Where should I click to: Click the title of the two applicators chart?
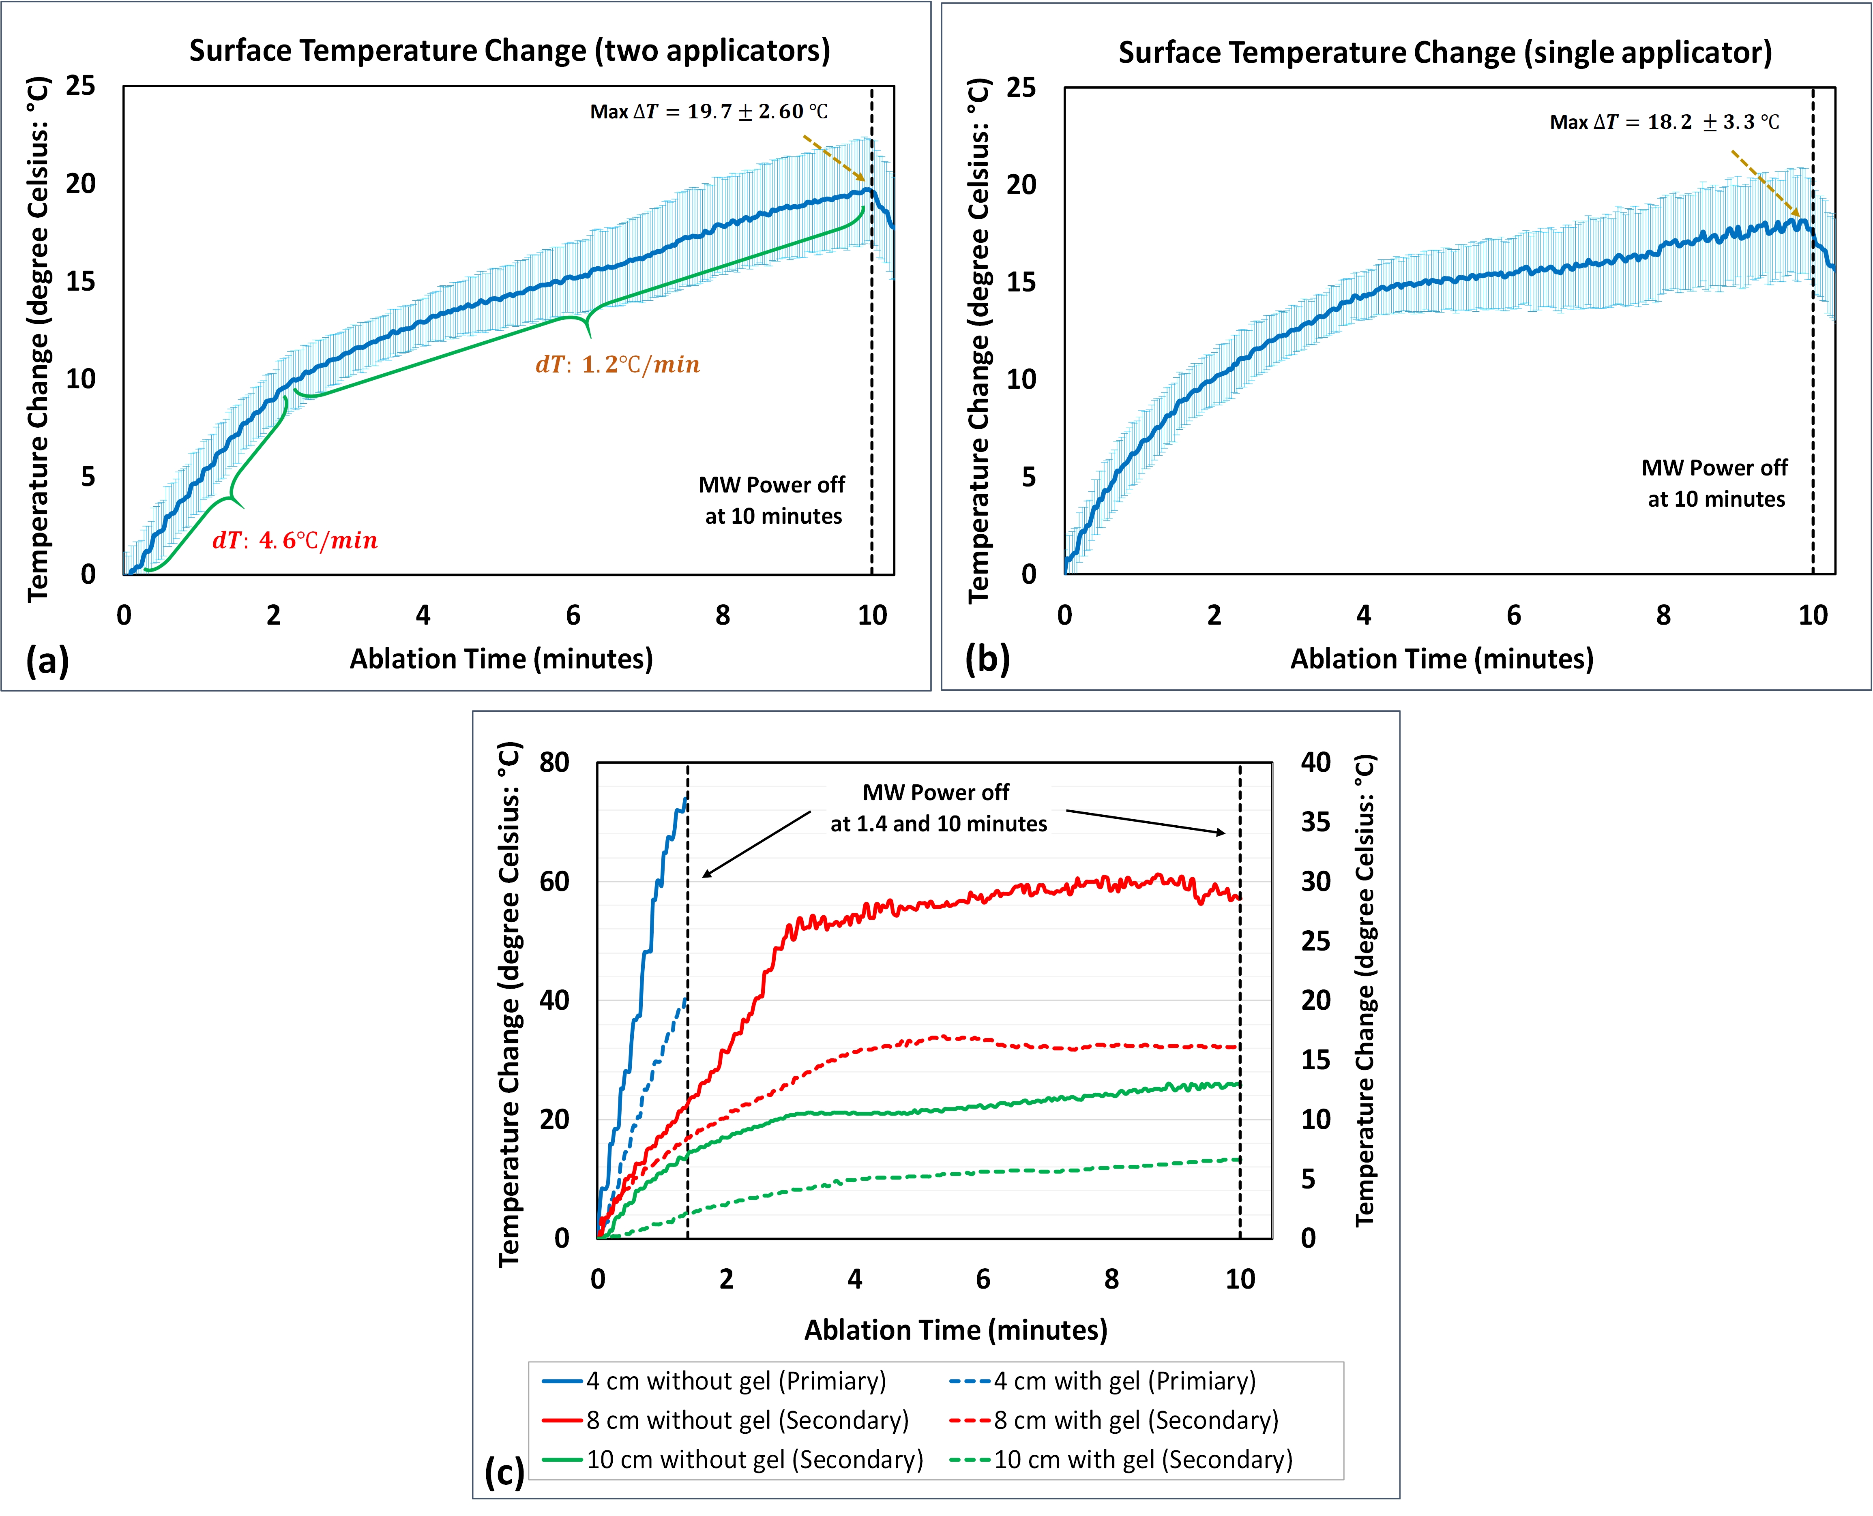pos(509,51)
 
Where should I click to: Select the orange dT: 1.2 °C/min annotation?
pos(618,364)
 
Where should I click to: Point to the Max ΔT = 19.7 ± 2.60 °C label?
pos(708,112)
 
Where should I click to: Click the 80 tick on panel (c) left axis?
pos(554,762)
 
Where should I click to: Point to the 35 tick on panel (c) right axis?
pos(1316,822)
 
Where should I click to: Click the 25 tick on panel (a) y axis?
pos(80,86)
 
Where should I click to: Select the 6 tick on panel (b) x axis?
pos(1514,616)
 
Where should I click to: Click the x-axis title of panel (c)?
pos(956,1330)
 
